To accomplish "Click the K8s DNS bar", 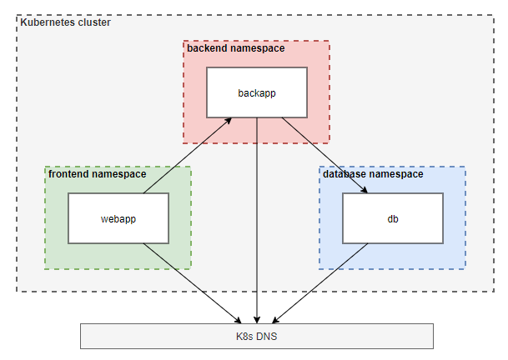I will click(257, 336).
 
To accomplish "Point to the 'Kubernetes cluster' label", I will click(65, 22).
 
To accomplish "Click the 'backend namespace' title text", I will click(236, 48).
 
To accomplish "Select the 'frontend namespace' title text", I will click(97, 175).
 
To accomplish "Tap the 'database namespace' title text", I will click(373, 175).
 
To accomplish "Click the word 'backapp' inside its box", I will click(257, 92).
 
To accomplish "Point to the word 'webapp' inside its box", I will click(118, 219).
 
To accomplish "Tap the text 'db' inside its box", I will click(392, 219).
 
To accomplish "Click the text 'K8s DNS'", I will click(257, 336).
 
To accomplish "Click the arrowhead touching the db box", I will click(364, 190).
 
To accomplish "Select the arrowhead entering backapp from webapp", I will click(227, 122).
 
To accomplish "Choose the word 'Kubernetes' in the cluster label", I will click(45, 22).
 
